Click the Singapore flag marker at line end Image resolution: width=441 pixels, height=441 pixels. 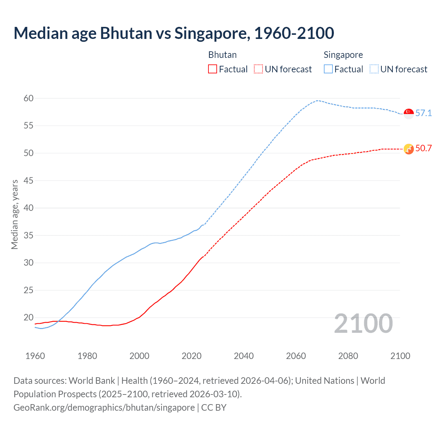tap(409, 113)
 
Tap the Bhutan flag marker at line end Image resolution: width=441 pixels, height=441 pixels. tap(409, 149)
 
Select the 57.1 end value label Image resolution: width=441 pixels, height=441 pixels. tap(423, 113)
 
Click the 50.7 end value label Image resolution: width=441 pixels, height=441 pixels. tap(423, 148)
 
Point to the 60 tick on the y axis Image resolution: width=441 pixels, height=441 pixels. tap(29, 99)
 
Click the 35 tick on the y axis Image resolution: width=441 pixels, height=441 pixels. tap(29, 236)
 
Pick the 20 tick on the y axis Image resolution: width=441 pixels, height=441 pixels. tap(29, 318)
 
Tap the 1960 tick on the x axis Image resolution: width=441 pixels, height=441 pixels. tap(35, 356)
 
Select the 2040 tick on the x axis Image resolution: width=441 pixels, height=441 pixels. tap(244, 356)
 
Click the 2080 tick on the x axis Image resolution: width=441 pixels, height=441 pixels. tap(348, 356)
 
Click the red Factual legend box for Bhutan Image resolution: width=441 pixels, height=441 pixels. tap(213, 69)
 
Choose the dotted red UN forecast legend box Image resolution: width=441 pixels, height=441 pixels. tap(258, 69)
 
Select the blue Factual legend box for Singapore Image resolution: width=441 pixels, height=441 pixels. tap(328, 69)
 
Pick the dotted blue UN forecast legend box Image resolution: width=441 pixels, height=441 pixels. tap(374, 69)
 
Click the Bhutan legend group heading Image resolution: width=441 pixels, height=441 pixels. tap(222, 55)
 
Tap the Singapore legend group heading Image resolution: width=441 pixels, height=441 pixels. tap(343, 55)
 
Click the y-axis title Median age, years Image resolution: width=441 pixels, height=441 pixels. tap(14, 214)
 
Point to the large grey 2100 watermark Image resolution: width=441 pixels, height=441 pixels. tap(363, 324)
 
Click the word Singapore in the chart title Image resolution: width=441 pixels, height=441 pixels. tap(212, 33)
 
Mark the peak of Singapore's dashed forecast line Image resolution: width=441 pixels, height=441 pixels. tap(317, 101)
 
